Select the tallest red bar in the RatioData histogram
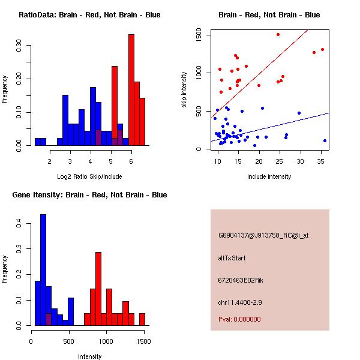click(131, 90)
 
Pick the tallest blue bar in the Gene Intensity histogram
click(43, 270)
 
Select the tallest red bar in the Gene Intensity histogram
click(98, 289)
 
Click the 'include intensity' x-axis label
click(270, 177)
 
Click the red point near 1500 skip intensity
click(278, 34)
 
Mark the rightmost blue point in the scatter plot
click(325, 140)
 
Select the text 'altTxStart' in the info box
click(232, 258)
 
